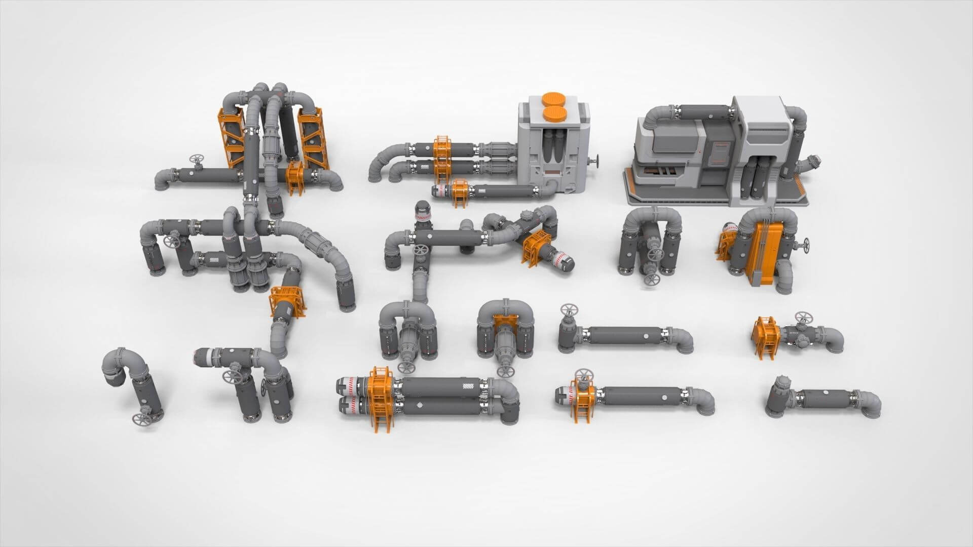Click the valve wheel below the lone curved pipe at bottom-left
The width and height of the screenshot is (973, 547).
pyautogui.click(x=139, y=418)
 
